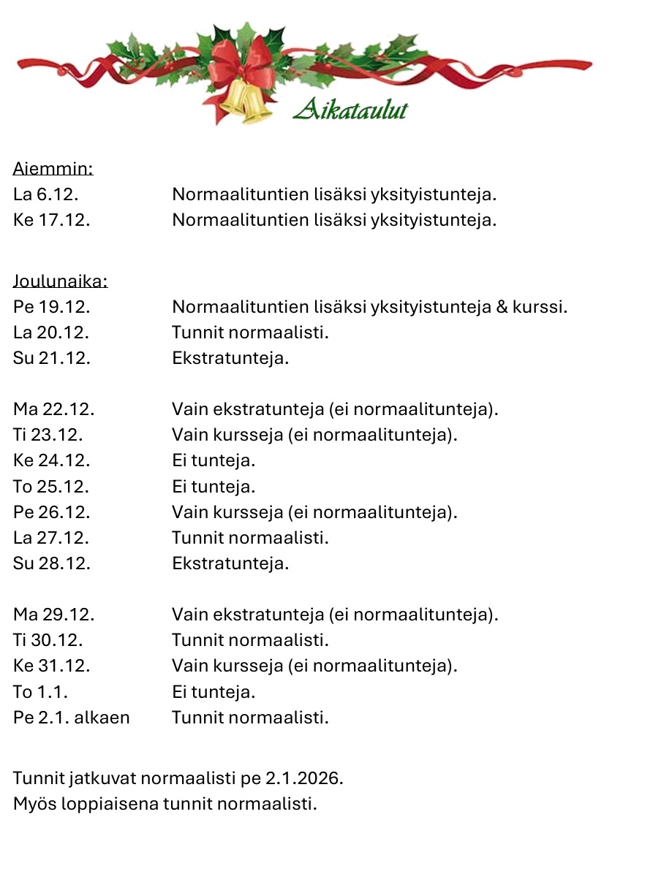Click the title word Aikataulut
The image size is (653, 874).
350,110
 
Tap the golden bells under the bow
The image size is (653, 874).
247,102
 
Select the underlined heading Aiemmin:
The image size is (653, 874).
53,170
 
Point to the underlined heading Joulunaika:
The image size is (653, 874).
60,281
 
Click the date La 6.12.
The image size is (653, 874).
45,195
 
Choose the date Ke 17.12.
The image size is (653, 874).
51,220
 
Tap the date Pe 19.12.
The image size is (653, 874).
51,307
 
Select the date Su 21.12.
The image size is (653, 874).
51,358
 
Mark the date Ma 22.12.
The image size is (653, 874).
53,409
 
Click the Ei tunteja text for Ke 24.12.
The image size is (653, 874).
214,460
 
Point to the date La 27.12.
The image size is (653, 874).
51,538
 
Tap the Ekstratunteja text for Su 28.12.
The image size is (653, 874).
230,563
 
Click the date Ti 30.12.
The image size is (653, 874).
48,640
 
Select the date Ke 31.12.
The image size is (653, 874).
51,666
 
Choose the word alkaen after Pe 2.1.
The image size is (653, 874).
102,718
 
